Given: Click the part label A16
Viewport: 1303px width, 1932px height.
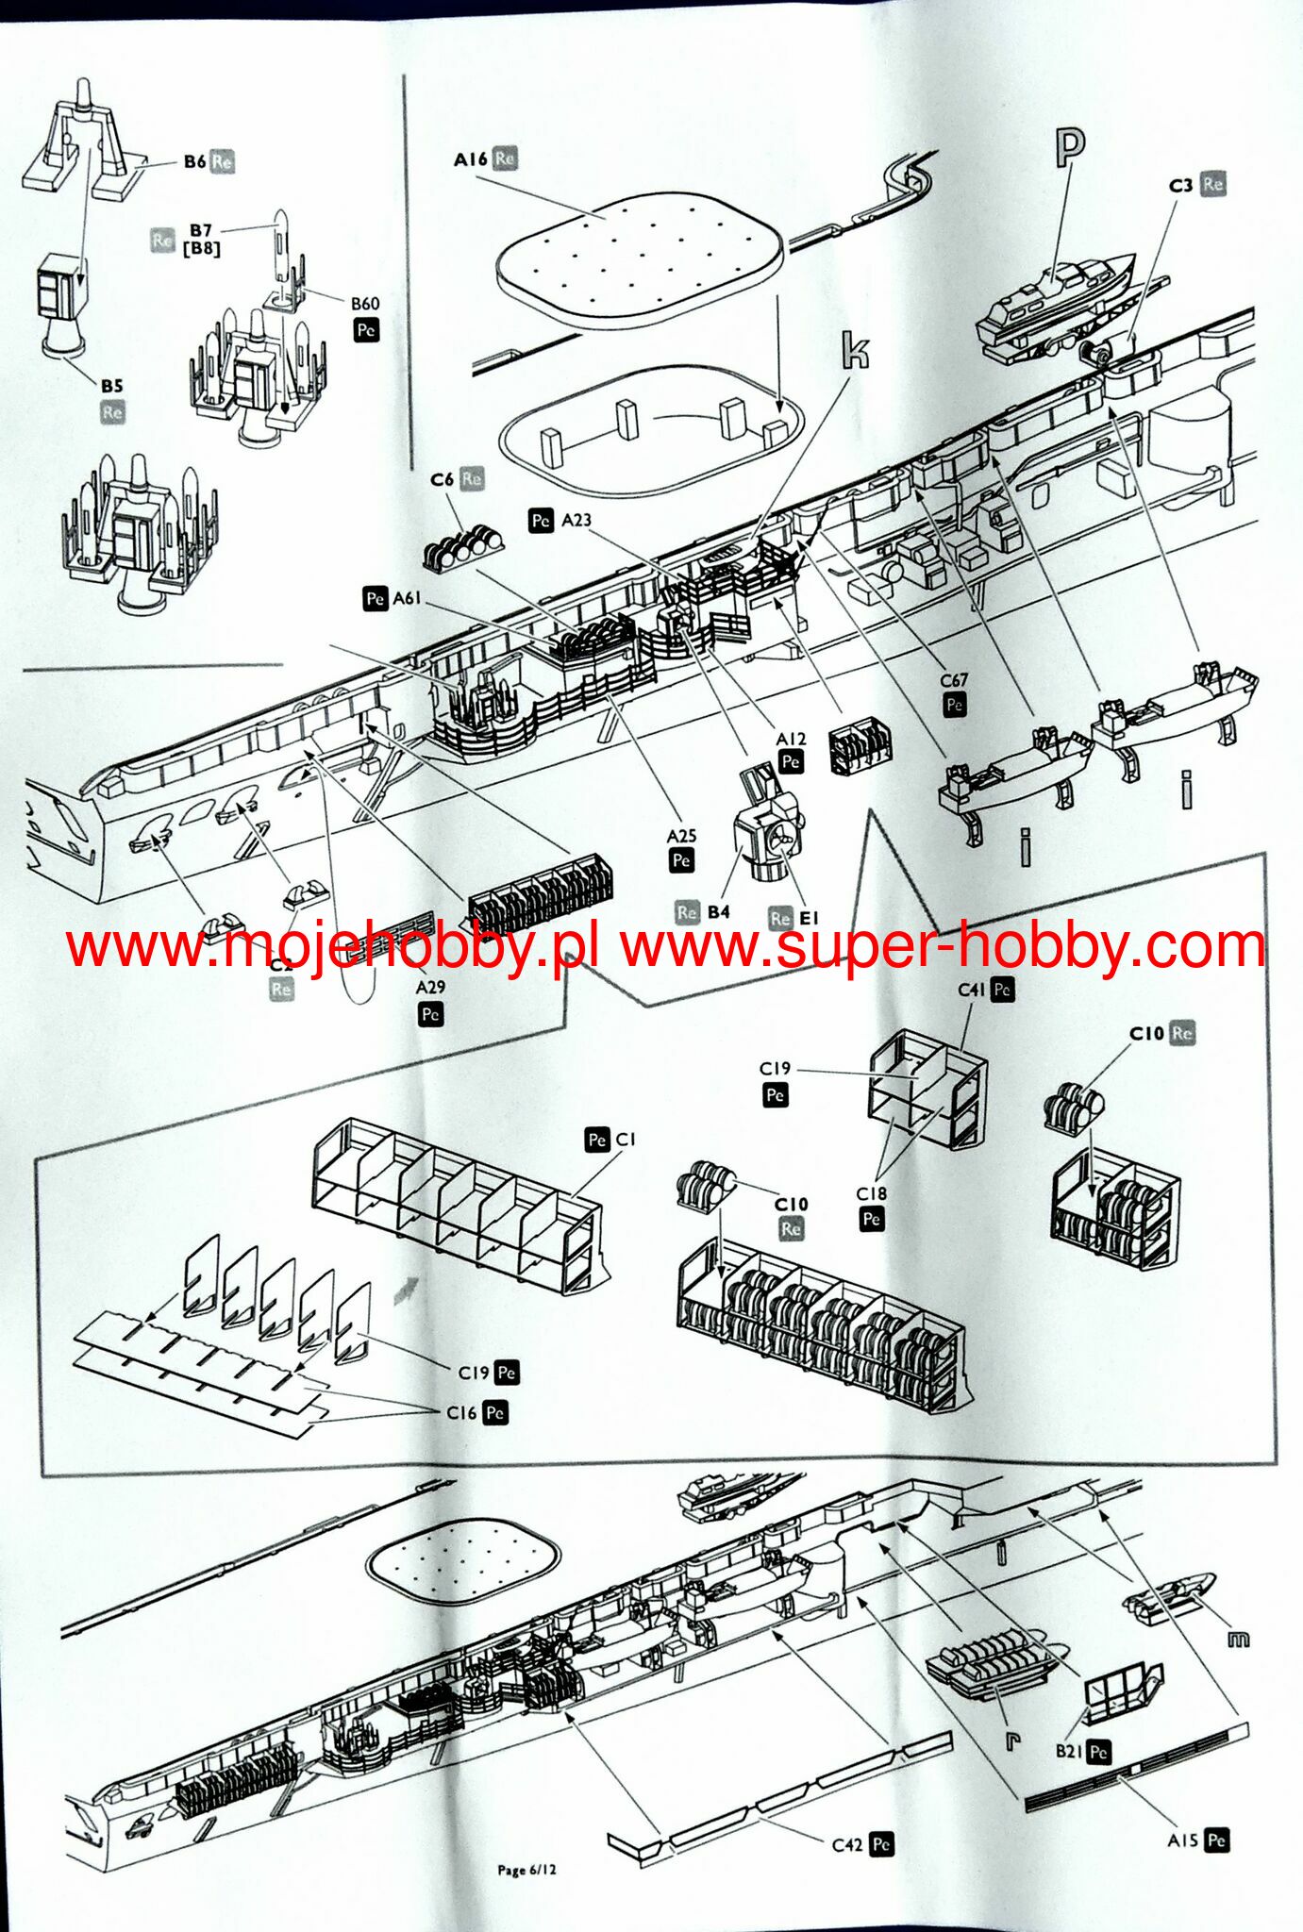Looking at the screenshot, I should coord(470,159).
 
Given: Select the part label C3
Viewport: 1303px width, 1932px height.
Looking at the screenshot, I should coord(1180,186).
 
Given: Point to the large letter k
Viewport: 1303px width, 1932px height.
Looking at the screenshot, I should coord(854,351).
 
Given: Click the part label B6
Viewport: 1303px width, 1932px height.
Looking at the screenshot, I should coord(194,161).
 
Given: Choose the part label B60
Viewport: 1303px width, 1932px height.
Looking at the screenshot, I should coord(365,304).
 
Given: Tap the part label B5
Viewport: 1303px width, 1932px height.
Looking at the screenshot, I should coord(112,385).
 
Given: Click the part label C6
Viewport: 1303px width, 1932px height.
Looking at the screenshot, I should coord(443,479).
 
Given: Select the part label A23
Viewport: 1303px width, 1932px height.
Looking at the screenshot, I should coord(576,520).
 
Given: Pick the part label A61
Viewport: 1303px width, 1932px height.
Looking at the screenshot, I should coord(407,597).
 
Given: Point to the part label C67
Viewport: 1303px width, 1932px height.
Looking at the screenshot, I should coord(954,680).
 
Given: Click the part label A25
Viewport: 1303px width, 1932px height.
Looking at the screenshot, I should coord(681,836).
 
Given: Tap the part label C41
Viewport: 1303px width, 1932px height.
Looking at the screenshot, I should coord(971,990).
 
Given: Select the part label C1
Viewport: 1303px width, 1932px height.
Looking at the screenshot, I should coord(626,1140).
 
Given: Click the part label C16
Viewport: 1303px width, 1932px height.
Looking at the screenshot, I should coord(461,1412).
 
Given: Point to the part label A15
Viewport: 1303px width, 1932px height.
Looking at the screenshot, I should coord(1183,1840).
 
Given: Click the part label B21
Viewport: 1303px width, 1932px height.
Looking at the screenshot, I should coord(1069,1752).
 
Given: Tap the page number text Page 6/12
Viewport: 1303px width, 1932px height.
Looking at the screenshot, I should coord(527,1869).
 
